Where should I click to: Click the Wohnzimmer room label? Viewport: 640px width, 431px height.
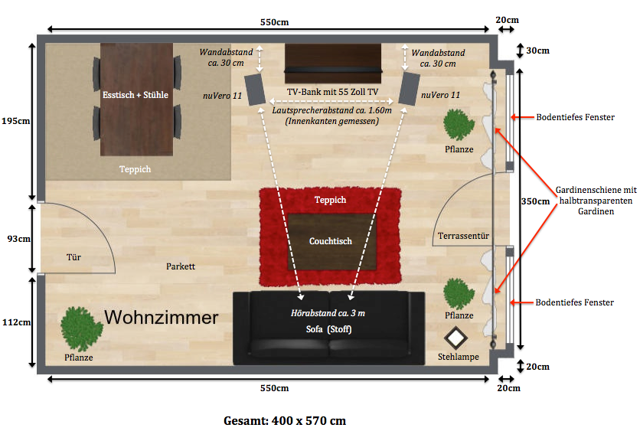click(x=162, y=317)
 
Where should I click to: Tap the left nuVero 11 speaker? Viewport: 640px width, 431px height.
click(x=254, y=89)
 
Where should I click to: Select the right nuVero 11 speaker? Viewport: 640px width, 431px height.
click(x=409, y=89)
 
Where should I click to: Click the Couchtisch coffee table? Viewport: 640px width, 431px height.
click(x=331, y=241)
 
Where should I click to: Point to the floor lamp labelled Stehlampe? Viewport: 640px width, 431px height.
click(x=457, y=338)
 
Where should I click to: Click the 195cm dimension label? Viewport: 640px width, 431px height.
click(x=15, y=121)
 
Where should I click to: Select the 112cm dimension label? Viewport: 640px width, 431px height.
click(x=15, y=322)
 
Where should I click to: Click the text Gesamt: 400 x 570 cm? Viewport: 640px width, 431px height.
click(x=285, y=420)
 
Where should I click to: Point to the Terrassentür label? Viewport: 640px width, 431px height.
click(x=463, y=235)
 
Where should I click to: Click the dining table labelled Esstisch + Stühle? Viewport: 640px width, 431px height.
click(x=136, y=96)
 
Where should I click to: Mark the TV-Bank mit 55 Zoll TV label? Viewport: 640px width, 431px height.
click(x=332, y=92)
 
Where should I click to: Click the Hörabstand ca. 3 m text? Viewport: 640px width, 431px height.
click(x=328, y=314)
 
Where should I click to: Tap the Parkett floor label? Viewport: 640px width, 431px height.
click(x=181, y=266)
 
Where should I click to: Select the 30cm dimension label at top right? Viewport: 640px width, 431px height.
click(x=537, y=51)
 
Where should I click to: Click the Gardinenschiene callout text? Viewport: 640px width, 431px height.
click(x=596, y=200)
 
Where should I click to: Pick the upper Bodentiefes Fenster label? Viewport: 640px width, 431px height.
click(x=575, y=117)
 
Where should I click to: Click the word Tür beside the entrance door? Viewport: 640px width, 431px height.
click(x=73, y=257)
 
